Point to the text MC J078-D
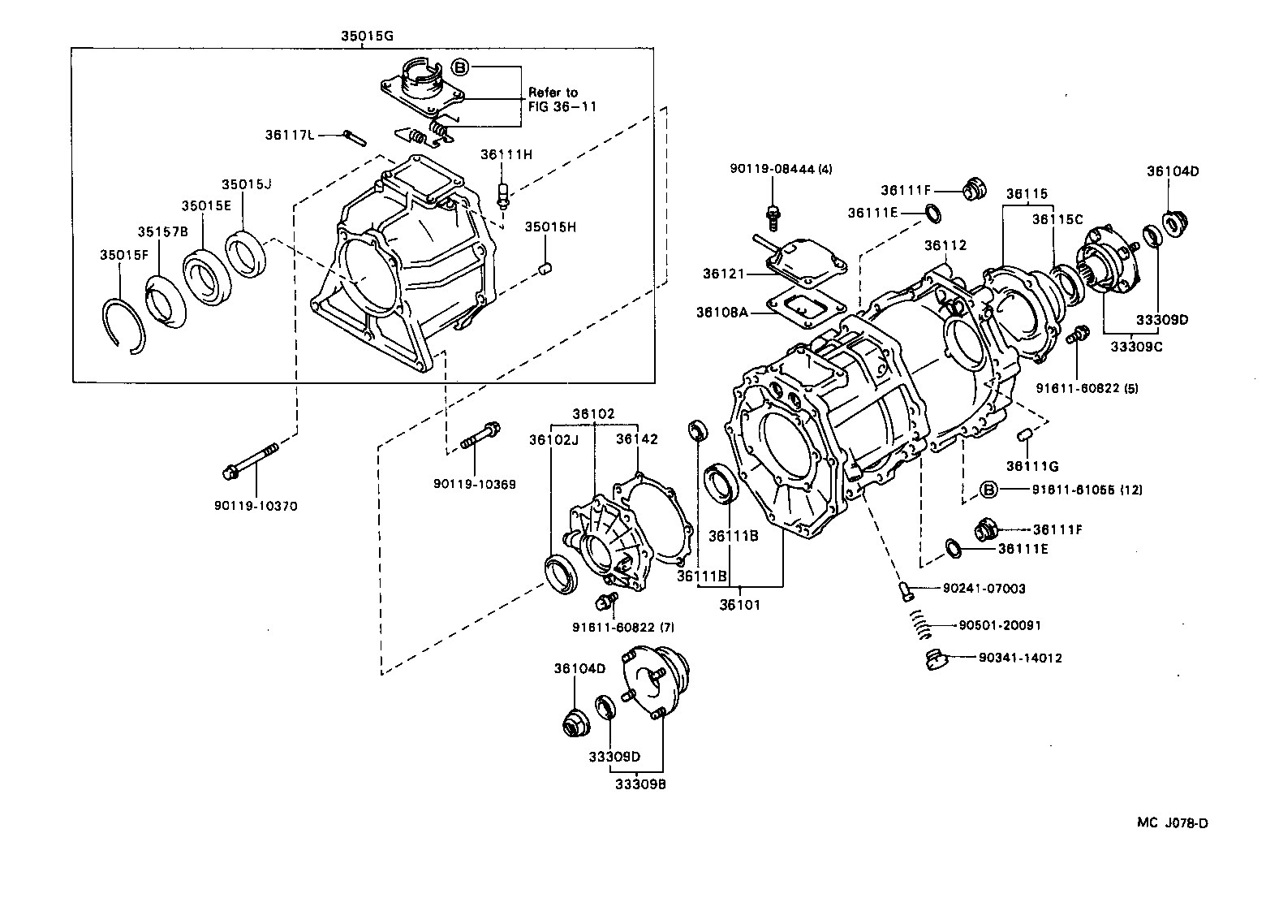tap(1172, 823)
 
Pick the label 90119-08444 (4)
tap(781, 169)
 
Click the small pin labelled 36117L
tap(352, 136)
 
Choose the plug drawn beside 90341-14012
tap(935, 659)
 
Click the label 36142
tap(636, 439)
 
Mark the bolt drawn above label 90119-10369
tap(481, 435)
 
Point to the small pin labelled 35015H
tap(546, 267)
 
